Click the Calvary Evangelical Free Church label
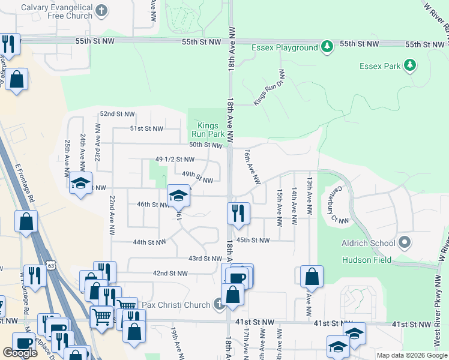tap(56, 11)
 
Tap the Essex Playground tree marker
tap(327, 47)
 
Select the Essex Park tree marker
tap(410, 65)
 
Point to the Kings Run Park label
tap(208, 130)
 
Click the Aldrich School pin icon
tap(405, 243)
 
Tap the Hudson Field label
tap(366, 260)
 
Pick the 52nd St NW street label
tap(118, 113)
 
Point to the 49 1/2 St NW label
tap(175, 160)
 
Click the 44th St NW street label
tap(149, 242)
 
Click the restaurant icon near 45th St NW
tap(238, 213)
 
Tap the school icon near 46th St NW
tap(178, 196)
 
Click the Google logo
tap(20, 353)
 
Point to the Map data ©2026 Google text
tap(411, 355)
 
